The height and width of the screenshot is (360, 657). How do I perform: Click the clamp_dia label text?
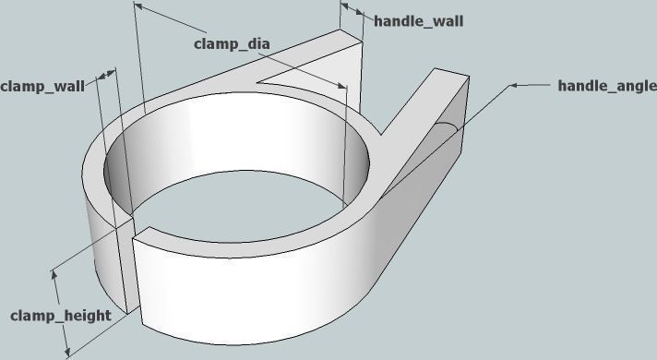(x=231, y=43)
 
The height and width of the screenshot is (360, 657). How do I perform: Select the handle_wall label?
(x=418, y=21)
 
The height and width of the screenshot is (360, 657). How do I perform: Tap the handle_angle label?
(x=601, y=86)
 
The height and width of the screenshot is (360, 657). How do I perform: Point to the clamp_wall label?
(x=42, y=86)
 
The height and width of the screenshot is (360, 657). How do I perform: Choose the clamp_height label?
(x=61, y=316)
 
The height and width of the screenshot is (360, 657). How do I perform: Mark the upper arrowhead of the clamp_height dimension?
(x=54, y=272)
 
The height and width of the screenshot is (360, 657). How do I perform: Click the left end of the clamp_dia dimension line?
(x=137, y=6)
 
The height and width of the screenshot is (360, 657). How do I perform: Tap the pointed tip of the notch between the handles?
(x=261, y=81)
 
